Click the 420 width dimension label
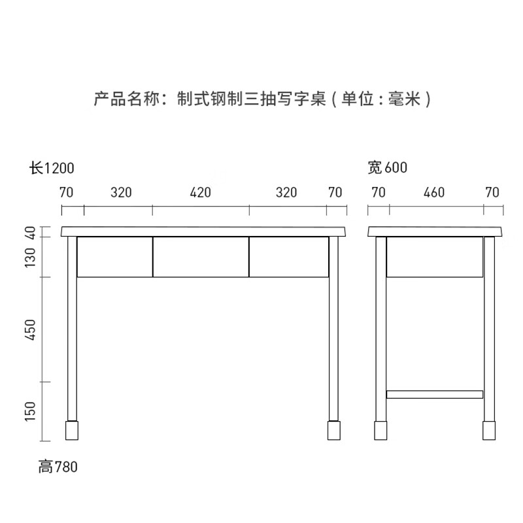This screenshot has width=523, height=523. pyautogui.click(x=201, y=193)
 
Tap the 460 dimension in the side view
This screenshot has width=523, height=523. pyautogui.click(x=434, y=193)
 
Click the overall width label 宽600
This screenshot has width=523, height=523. pyautogui.click(x=388, y=168)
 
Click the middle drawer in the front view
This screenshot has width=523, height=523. pyautogui.click(x=201, y=257)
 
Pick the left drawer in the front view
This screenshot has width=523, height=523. pyautogui.click(x=115, y=257)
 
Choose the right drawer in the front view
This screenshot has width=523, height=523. pyautogui.click(x=288, y=257)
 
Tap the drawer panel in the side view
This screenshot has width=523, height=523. pyautogui.click(x=435, y=257)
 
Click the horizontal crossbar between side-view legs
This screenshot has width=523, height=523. pyautogui.click(x=435, y=394)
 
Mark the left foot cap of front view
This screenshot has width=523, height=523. pyautogui.click(x=72, y=430)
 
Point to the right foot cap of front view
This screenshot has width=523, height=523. pyautogui.click(x=334, y=430)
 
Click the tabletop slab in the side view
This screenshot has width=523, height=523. pyautogui.click(x=436, y=231)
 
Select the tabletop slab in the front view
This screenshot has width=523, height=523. pyautogui.click(x=203, y=231)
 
